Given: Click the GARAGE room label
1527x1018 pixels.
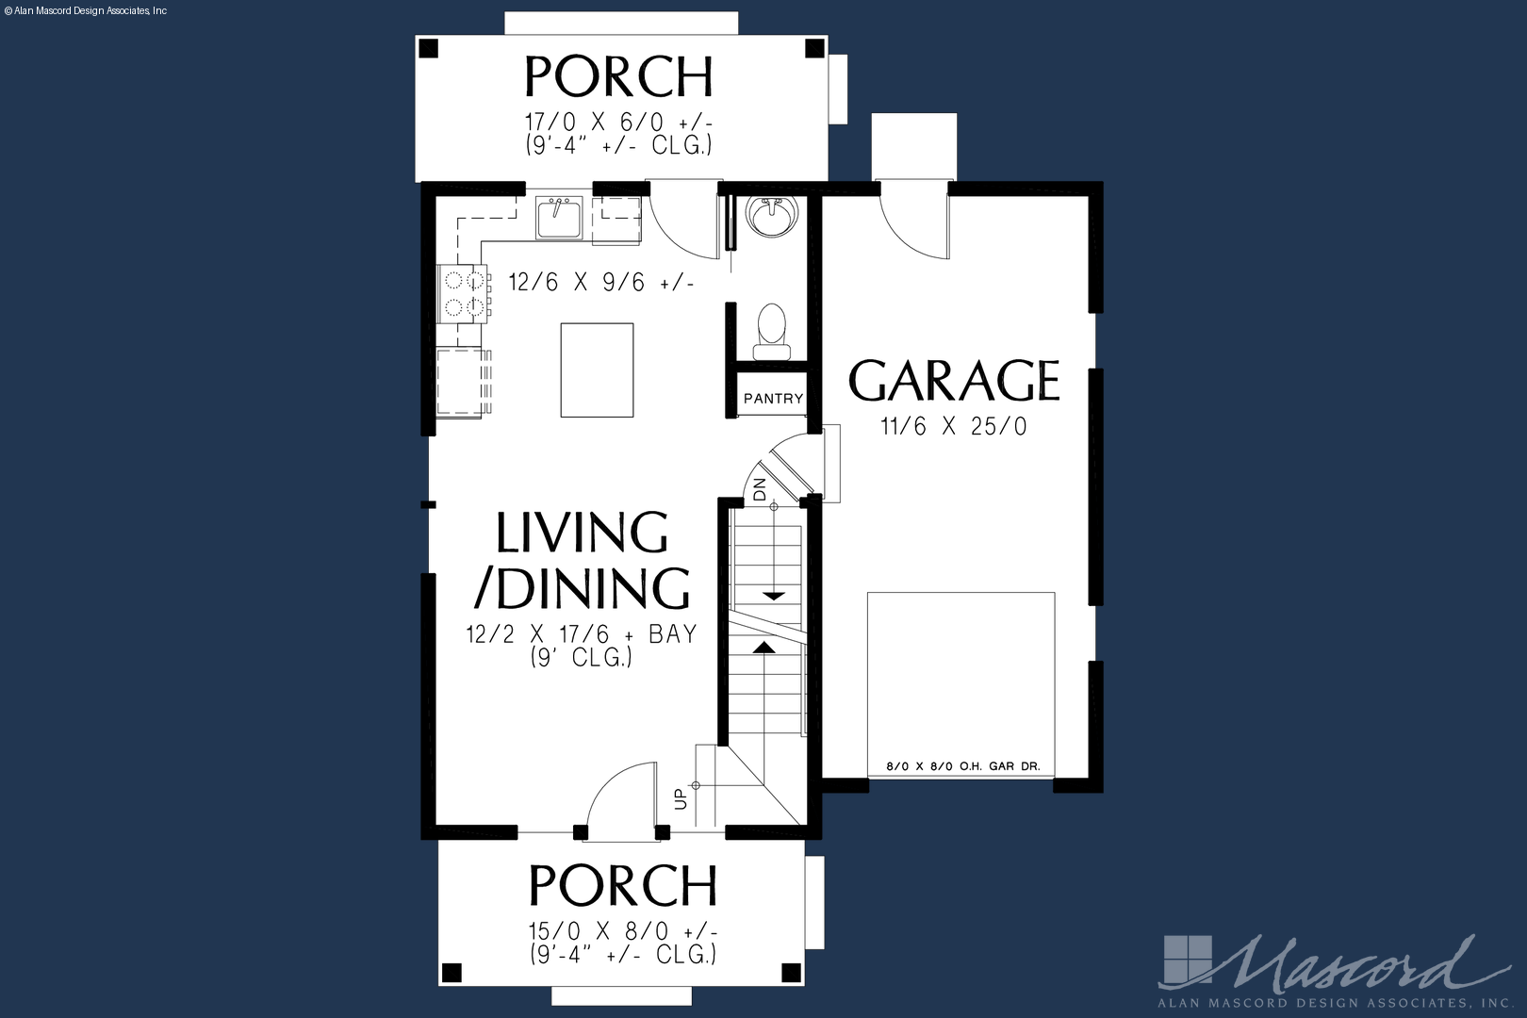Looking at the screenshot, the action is (x=954, y=381).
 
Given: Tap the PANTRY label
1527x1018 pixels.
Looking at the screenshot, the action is (x=773, y=398).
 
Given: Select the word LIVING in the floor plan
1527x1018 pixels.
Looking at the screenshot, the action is (x=582, y=533).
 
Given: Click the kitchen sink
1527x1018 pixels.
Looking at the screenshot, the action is (x=559, y=217).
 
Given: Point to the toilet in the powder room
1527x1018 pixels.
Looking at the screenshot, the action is (x=772, y=332).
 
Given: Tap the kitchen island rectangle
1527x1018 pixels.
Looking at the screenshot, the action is (x=598, y=369).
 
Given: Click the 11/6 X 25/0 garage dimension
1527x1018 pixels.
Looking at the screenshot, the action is (x=953, y=427).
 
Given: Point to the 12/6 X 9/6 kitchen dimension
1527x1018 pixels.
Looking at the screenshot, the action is (x=601, y=282).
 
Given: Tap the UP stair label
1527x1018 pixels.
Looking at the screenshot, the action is (x=681, y=798).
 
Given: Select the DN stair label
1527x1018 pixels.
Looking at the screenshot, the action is (x=760, y=489).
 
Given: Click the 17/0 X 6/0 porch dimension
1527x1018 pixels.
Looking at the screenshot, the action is (x=618, y=123).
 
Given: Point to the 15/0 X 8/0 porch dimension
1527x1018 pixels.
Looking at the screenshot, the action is (x=623, y=931).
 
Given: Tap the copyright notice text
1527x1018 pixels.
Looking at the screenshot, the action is (x=85, y=11).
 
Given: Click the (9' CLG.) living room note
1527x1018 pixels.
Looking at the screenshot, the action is (x=582, y=657).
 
